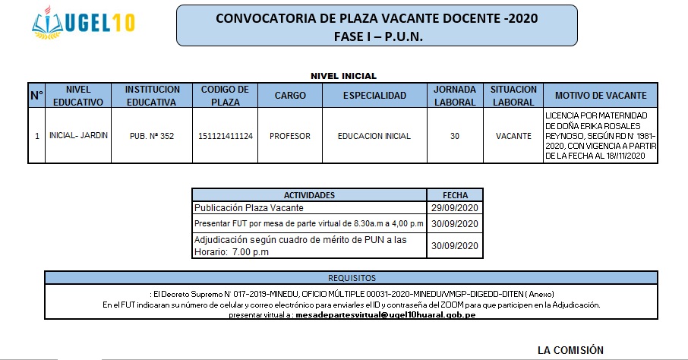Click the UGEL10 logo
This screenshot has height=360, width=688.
click(84, 23)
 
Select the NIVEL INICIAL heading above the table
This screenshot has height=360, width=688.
click(343, 76)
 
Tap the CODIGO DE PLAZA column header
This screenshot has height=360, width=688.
click(225, 95)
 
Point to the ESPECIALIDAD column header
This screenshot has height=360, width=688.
click(374, 95)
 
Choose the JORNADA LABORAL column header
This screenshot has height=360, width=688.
click(454, 95)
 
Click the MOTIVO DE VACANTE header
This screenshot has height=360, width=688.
click(601, 95)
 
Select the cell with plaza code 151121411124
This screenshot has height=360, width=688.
click(225, 136)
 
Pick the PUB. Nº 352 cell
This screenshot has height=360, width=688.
click(152, 136)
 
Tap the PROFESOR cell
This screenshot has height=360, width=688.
click(290, 136)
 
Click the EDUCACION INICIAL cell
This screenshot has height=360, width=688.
click(374, 136)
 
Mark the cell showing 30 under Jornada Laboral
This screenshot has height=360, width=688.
click(454, 136)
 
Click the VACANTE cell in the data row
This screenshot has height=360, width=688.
click(513, 136)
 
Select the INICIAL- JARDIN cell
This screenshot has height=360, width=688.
click(78, 136)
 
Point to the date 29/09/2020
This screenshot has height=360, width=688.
click(454, 207)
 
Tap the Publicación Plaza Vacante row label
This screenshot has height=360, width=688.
click(248, 207)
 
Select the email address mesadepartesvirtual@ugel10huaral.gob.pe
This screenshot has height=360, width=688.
click(385, 314)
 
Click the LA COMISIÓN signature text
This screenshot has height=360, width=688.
click(570, 350)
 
